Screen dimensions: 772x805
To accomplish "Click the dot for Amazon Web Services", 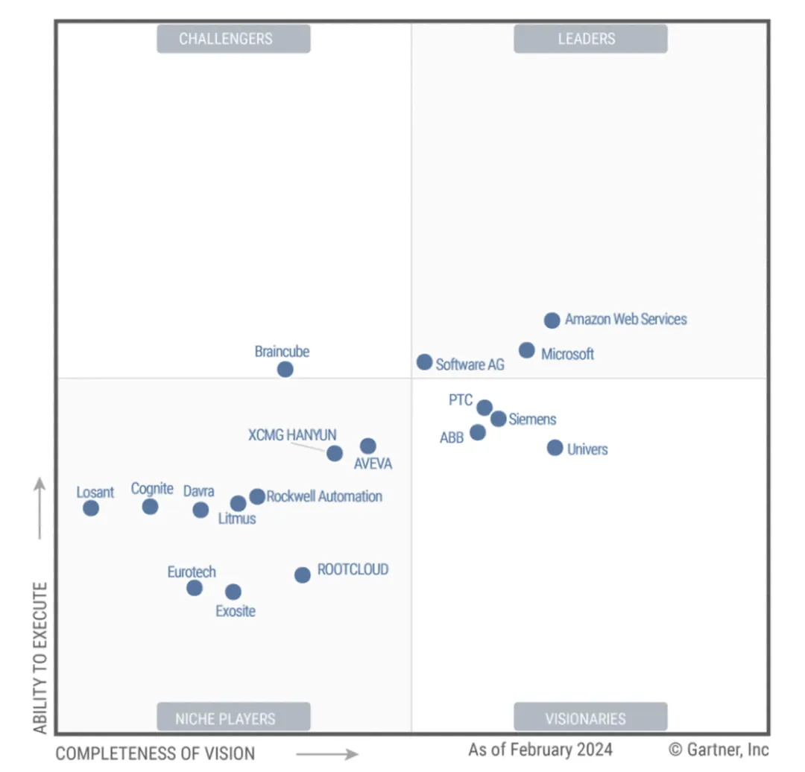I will (x=552, y=320).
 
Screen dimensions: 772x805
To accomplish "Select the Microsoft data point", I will (x=526, y=350).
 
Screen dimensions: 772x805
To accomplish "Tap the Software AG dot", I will (x=424, y=362).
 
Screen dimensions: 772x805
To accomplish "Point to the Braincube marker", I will (x=285, y=369).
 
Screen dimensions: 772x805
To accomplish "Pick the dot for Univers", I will (x=555, y=448).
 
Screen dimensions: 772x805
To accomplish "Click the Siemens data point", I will (x=498, y=419).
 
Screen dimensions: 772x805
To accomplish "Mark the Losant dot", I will (x=91, y=508).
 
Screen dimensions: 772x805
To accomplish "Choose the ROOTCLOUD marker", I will (x=302, y=575).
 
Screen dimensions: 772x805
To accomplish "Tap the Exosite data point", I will (x=233, y=592).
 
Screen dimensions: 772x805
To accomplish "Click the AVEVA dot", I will (x=367, y=446).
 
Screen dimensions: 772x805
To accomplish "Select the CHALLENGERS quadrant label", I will (x=233, y=39).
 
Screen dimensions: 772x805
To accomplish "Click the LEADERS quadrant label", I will (x=590, y=39).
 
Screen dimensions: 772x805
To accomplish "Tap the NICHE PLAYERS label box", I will (x=233, y=718).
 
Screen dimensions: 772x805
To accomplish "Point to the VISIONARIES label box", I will (x=590, y=718).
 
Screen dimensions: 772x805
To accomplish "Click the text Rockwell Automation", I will (x=324, y=496).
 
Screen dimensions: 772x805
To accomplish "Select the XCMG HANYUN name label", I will (x=292, y=435).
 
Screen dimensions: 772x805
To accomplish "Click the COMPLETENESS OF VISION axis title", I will (x=155, y=753).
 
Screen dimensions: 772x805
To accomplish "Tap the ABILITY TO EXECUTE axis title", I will (x=40, y=657).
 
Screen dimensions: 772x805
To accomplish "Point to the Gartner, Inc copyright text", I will (x=719, y=750).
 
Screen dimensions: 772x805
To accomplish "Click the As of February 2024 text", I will (x=540, y=750).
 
